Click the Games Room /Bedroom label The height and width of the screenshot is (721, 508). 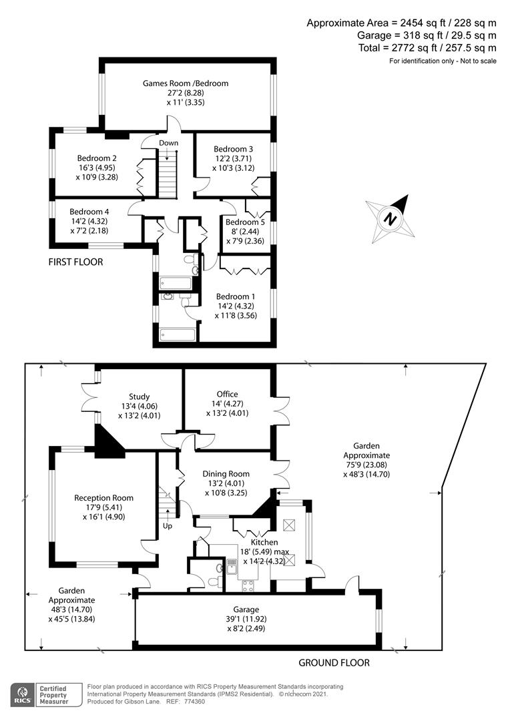tap(185, 83)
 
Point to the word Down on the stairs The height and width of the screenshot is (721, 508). tap(168, 143)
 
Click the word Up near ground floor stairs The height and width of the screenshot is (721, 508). tap(167, 525)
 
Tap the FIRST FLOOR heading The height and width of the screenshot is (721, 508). tap(75, 262)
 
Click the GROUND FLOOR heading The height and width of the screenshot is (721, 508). tap(334, 663)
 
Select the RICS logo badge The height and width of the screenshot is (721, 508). tap(25, 694)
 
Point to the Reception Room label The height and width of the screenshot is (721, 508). tap(103, 497)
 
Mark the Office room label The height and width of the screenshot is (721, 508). tap(227, 394)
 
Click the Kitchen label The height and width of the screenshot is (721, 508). tap(264, 542)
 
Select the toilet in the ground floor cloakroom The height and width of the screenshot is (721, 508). tap(214, 580)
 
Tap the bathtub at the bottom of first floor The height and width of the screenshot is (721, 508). tap(177, 334)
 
